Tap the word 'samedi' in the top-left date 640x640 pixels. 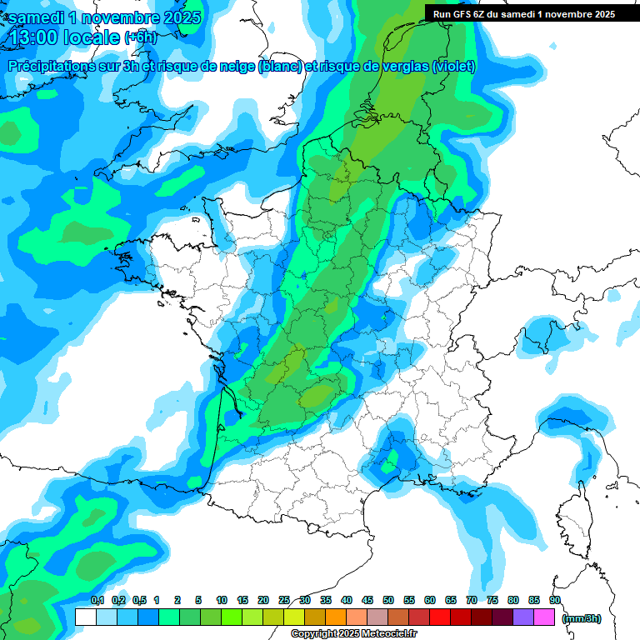point(36,17)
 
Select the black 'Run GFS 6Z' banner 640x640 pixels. point(520,13)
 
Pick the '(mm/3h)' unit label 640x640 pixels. point(582,617)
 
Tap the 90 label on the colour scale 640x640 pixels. point(555,600)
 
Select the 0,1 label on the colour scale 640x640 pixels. point(97,600)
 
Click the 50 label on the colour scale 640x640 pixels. point(388,600)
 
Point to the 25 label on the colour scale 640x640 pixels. point(284,600)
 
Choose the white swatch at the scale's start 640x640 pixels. point(85,617)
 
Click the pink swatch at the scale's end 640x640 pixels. point(544,617)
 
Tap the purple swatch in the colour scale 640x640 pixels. point(523,617)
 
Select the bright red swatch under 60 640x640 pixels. point(440,617)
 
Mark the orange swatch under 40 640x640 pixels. point(336,617)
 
